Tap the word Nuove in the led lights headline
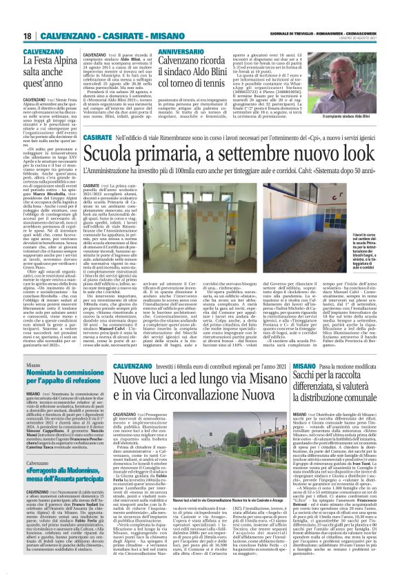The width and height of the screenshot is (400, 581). pos(131,380)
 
